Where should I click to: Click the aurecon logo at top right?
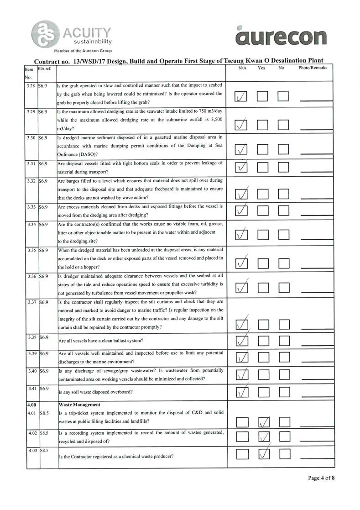click(x=282, y=36)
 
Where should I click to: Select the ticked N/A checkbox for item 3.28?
click(x=241, y=97)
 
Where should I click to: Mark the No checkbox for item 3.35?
click(x=284, y=263)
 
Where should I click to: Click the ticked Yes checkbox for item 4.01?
click(x=263, y=423)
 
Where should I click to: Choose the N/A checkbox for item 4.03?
click(x=241, y=454)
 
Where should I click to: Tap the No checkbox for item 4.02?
click(x=284, y=437)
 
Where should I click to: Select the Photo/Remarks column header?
click(x=313, y=68)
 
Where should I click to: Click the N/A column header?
click(x=243, y=68)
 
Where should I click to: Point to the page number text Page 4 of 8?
click(x=322, y=478)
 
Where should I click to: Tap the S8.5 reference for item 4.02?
click(x=44, y=432)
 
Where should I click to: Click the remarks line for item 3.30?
click(x=316, y=150)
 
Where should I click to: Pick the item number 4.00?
click(x=31, y=404)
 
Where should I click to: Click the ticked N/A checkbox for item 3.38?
click(x=241, y=341)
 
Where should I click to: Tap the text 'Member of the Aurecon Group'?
click(x=83, y=50)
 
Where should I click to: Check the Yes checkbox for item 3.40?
click(x=263, y=375)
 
